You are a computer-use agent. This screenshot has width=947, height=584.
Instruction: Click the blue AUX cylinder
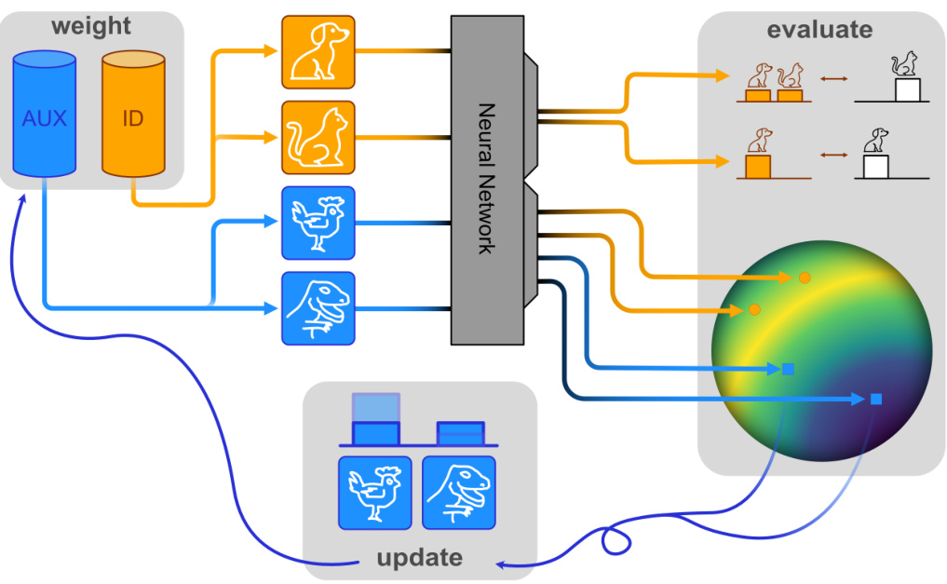tap(44, 115)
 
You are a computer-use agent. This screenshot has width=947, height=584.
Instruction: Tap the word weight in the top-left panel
tap(90, 25)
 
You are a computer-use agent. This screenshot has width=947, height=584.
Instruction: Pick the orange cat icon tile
tap(318, 137)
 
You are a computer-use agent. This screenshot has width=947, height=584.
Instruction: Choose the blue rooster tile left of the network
tap(318, 223)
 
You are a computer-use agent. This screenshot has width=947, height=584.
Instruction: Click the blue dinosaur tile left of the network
tap(318, 307)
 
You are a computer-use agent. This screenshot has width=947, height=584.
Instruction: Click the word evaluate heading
tap(819, 29)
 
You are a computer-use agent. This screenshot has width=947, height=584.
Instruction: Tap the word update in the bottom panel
tap(419, 558)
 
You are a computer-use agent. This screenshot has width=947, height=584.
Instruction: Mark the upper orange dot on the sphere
tap(805, 278)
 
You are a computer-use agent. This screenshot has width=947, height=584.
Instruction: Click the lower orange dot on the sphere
tap(755, 309)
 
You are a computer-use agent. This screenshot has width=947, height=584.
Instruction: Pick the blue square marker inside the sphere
tap(788, 369)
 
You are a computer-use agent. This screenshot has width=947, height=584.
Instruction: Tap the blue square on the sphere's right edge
tap(876, 400)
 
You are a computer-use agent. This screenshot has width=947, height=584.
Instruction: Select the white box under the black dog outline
tap(876, 167)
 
